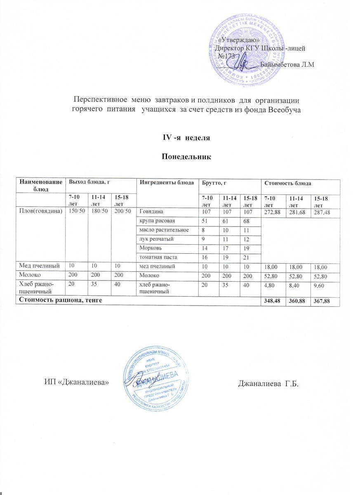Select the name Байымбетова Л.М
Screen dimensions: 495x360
coord(288,65)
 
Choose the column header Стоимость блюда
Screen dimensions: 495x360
coord(287,183)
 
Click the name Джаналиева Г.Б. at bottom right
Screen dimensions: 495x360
coord(268,384)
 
